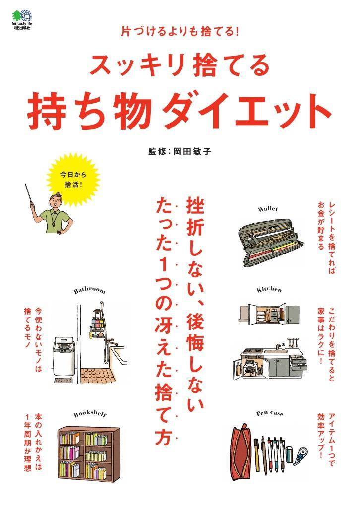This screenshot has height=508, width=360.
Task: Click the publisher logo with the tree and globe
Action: pyautogui.click(x=22, y=16)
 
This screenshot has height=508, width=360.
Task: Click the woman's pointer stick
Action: pyautogui.click(x=29, y=194)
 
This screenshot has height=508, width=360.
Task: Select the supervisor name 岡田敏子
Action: pyautogui.click(x=192, y=151)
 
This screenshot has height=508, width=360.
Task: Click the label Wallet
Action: pyautogui.click(x=268, y=209)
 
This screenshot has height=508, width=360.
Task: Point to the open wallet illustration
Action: pyautogui.click(x=271, y=242)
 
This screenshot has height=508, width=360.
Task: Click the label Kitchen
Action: pyautogui.click(x=269, y=289)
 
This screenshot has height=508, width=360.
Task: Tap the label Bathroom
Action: pyautogui.click(x=90, y=290)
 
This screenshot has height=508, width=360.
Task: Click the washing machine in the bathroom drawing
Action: pyautogui.click(x=64, y=356)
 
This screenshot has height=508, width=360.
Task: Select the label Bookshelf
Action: pyautogui.click(x=90, y=414)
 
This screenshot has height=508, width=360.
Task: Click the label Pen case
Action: pyautogui.click(x=270, y=413)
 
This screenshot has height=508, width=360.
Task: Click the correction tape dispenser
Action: pyautogui.click(x=300, y=456)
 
